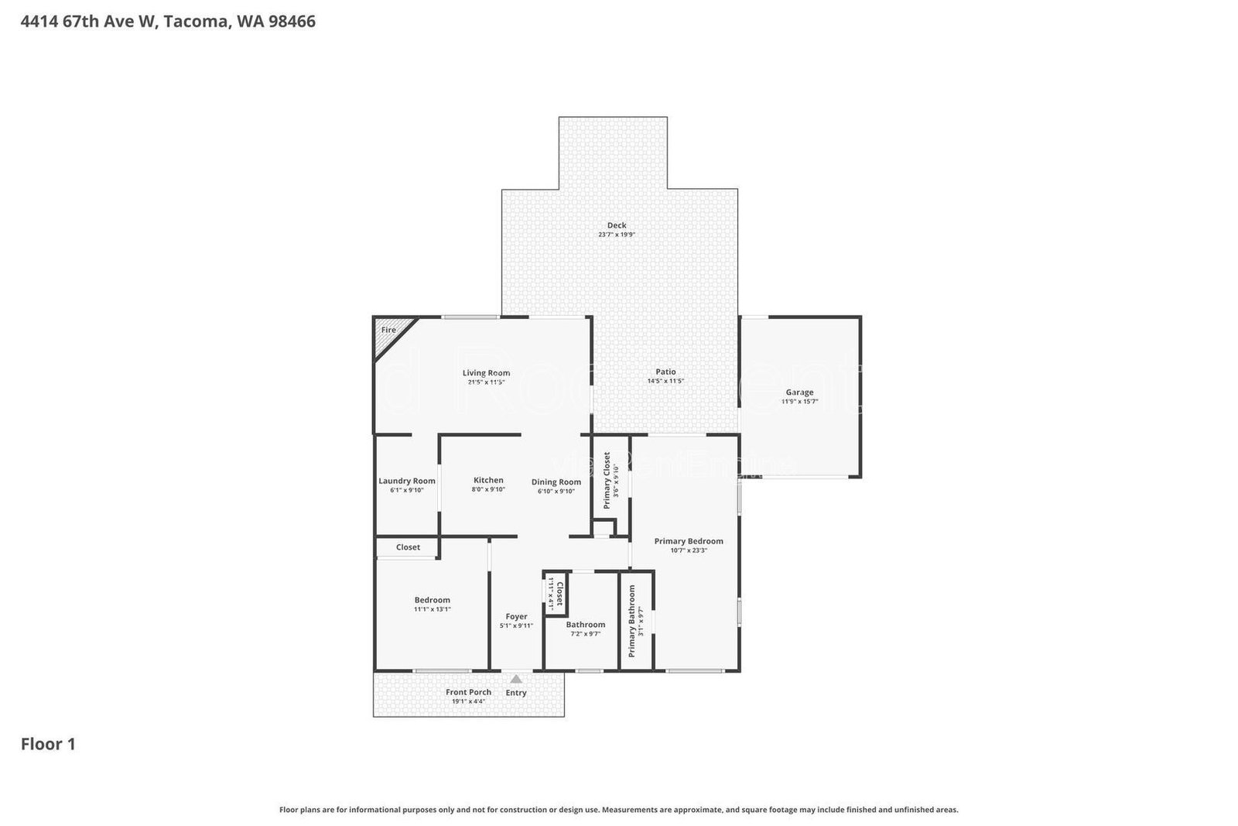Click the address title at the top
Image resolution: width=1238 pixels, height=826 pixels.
(x=168, y=22)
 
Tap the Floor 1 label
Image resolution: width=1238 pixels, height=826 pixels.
(x=48, y=744)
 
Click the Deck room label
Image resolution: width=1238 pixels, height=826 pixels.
(x=617, y=225)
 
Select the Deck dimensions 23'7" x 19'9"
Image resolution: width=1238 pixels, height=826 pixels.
(x=617, y=235)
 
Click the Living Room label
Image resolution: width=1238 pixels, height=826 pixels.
(x=486, y=372)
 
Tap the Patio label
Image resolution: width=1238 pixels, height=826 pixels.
(x=665, y=372)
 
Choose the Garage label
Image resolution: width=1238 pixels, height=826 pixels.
(x=799, y=392)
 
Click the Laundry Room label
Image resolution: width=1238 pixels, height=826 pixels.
(x=407, y=481)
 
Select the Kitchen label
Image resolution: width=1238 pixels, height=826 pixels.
(x=488, y=480)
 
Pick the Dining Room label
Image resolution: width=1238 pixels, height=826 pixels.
(x=556, y=482)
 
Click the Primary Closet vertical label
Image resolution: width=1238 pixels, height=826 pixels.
(x=607, y=480)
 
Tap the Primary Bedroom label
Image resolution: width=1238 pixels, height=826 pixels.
(x=689, y=541)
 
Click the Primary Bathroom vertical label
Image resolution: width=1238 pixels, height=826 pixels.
(x=631, y=621)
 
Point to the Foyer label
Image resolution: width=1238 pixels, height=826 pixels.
(x=516, y=616)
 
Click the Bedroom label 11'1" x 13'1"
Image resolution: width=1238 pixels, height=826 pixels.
(x=432, y=600)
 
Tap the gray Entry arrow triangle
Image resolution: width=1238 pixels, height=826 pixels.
(x=516, y=679)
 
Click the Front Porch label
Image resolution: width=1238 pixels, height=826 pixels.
(x=468, y=692)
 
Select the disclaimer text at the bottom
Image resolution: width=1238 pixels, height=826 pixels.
(x=618, y=810)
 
